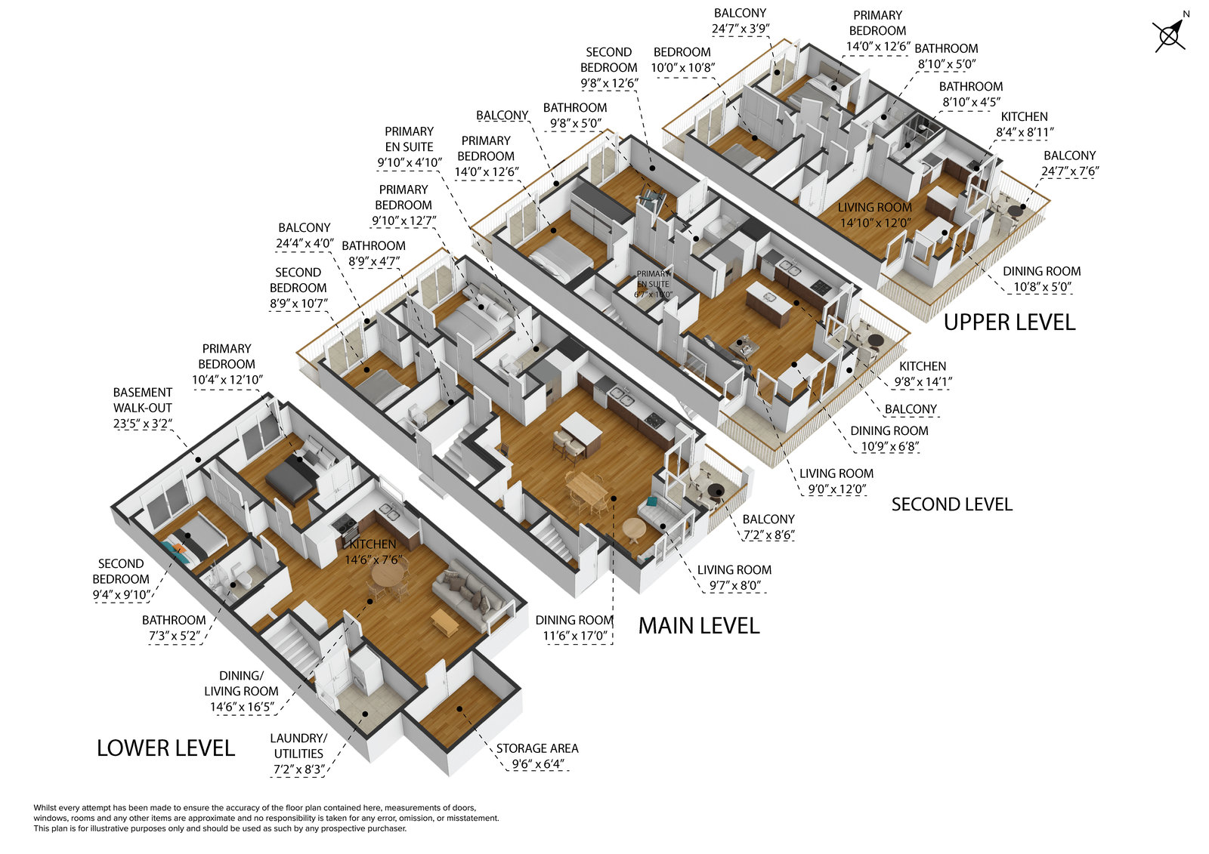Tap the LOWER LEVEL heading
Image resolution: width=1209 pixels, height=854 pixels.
pos(165,748)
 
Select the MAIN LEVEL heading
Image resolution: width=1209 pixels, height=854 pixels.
pos(698,625)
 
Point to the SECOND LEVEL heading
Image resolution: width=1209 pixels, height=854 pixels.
pos(951,504)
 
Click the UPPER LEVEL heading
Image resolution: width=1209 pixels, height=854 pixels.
pos(1009,322)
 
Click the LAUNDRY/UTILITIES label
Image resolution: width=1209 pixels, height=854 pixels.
pos(298,746)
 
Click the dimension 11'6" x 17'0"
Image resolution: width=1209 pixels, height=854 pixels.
pos(574,636)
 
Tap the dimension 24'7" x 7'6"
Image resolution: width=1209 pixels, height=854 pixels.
pos(1069,171)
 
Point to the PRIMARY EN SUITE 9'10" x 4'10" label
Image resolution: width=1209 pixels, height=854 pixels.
pos(409,146)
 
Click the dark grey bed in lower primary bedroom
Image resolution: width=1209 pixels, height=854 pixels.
pos(291,481)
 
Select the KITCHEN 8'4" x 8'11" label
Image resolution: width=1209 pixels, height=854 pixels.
pos(1024,125)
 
